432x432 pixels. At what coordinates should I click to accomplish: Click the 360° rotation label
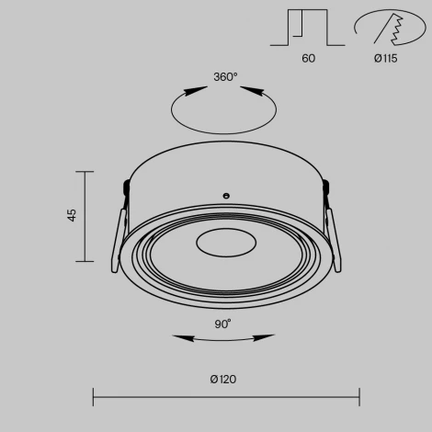tap(225, 77)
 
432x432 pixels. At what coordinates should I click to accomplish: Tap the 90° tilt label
tap(223, 324)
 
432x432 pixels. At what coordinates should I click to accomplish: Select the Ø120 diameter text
tap(224, 379)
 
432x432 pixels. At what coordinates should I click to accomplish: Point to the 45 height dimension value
tap(72, 215)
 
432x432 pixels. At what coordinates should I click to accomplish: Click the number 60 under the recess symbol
tap(308, 58)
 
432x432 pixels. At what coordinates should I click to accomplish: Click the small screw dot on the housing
tap(225, 195)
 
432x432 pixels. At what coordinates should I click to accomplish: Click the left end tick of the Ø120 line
tap(93, 397)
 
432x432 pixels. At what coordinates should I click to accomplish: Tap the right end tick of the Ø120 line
tap(358, 397)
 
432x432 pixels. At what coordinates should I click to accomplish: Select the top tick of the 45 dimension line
tap(85, 172)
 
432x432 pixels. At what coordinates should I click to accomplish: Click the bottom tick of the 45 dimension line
tap(85, 260)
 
